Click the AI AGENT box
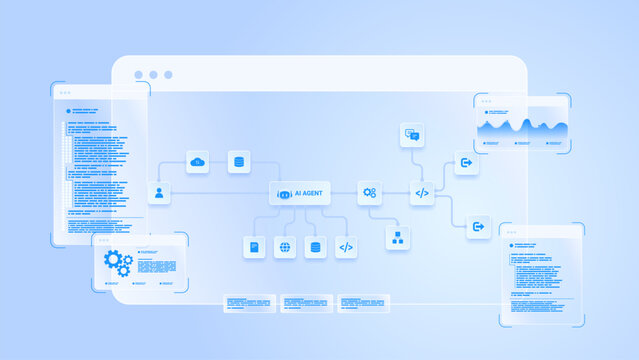(300, 193)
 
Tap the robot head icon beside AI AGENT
(283, 194)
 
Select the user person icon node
(159, 193)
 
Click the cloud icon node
(198, 162)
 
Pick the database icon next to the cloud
(239, 162)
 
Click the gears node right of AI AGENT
(370, 193)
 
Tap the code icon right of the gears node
(422, 193)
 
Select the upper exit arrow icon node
(465, 162)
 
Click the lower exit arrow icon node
(478, 227)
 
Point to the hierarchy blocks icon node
(398, 237)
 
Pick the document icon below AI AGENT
(254, 247)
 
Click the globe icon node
(285, 247)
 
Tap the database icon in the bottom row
(315, 247)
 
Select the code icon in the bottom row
(346, 247)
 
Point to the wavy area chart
(523, 128)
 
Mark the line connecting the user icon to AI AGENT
(220, 193)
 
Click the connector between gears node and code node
(396, 193)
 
